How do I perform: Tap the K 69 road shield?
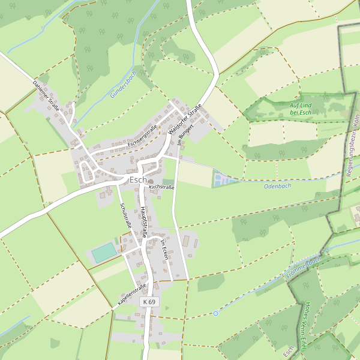click(x=149, y=302)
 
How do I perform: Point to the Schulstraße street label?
click(x=125, y=216)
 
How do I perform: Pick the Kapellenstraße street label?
click(x=132, y=295)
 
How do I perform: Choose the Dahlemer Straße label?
click(x=46, y=94)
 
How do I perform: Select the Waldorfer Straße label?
click(x=185, y=119)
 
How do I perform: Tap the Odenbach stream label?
click(x=278, y=186)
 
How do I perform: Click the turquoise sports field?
click(x=104, y=252)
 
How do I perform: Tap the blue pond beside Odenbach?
click(x=221, y=178)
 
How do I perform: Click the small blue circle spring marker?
click(x=215, y=313)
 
